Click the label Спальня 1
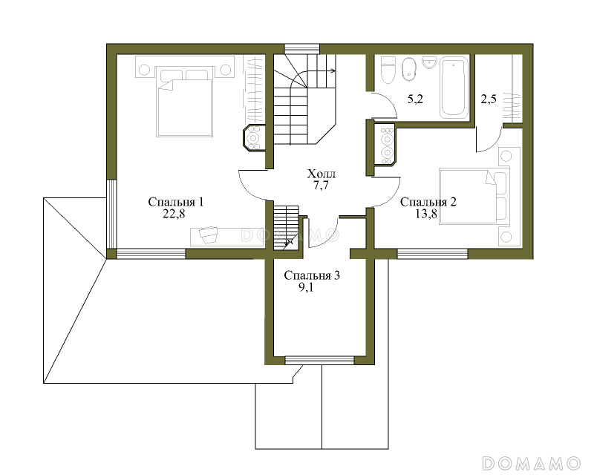tap(176, 202)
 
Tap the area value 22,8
tap(174, 214)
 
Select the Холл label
tap(322, 174)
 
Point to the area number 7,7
tap(321, 186)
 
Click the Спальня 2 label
tap(428, 202)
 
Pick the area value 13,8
tap(425, 214)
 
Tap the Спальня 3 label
tap(312, 275)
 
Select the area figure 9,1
tap(306, 287)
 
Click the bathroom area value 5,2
tap(415, 99)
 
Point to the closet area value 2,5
tap(489, 99)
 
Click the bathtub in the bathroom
tap(454, 87)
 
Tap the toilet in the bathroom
tap(388, 70)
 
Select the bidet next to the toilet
tap(408, 69)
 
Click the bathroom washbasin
tap(430, 62)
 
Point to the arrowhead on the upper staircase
tap(333, 70)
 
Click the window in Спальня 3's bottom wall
tap(319, 360)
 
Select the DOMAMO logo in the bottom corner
tap(532, 463)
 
